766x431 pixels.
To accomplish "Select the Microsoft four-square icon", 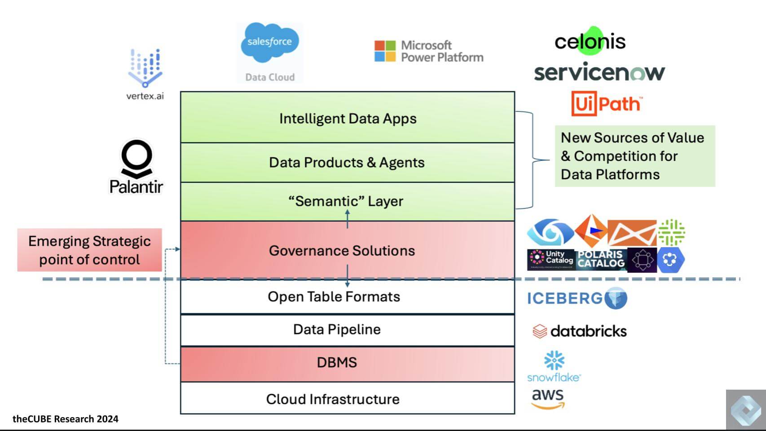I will click(x=385, y=51).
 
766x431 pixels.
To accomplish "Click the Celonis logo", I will click(x=590, y=41).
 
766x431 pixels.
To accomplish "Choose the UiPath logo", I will click(x=606, y=104).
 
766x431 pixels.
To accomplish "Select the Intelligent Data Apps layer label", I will click(x=348, y=119).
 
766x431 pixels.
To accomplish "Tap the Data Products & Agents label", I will click(x=347, y=162).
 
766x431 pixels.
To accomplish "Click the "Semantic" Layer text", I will click(x=346, y=201).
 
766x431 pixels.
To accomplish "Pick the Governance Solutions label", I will click(x=342, y=250).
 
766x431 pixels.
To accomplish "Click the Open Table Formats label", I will click(x=334, y=297).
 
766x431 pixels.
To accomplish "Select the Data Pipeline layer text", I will click(x=337, y=329).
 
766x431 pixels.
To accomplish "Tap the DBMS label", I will click(x=337, y=362).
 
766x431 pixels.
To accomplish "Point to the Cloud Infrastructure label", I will click(x=333, y=399).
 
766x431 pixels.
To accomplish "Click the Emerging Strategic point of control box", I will click(x=89, y=250).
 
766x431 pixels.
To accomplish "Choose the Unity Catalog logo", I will click(x=551, y=259).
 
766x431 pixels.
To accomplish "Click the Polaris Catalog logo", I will click(x=601, y=259).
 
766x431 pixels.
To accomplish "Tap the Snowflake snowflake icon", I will click(x=554, y=360).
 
